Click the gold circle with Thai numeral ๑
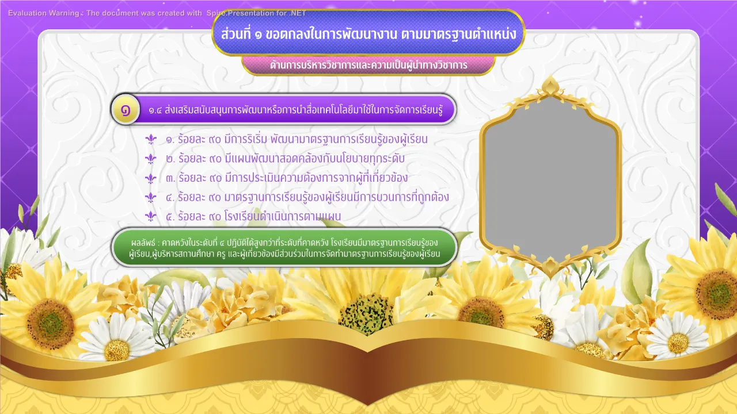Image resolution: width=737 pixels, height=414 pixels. [x=126, y=110]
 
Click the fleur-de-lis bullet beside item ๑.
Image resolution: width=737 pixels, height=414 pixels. [x=151, y=139]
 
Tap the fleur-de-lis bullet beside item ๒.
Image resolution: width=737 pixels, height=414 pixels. [x=151, y=159]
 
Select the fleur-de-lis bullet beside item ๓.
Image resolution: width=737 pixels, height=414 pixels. [x=151, y=178]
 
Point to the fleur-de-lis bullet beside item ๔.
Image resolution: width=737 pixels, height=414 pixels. [x=151, y=197]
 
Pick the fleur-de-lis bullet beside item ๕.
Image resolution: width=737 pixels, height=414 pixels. [x=151, y=216]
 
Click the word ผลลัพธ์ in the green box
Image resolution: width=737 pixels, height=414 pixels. [x=143, y=243]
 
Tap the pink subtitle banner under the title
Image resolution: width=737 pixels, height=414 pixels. [x=368, y=65]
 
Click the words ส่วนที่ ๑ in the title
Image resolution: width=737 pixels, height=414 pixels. [x=241, y=33]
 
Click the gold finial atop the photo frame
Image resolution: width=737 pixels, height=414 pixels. [x=550, y=86]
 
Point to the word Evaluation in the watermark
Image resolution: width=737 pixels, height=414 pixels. [x=27, y=13]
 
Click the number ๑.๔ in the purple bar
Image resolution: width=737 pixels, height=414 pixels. [x=155, y=110]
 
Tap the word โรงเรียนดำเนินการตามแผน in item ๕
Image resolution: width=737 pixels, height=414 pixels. [x=283, y=216]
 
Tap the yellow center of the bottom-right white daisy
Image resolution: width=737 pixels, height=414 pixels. [x=678, y=343]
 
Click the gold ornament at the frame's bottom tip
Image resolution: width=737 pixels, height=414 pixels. [x=549, y=267]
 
